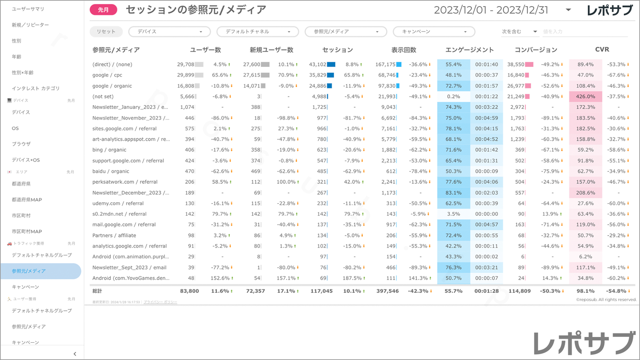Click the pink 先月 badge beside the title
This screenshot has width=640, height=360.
click(103, 10)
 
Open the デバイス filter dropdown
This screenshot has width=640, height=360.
click(169, 32)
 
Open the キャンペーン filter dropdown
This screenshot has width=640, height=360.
click(434, 32)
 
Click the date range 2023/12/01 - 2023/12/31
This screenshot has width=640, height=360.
click(491, 10)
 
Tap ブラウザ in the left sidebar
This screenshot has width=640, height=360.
click(21, 144)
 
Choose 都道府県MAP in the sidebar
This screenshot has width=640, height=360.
click(27, 200)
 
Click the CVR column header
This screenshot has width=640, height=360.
click(602, 50)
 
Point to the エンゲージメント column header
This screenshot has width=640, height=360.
click(469, 50)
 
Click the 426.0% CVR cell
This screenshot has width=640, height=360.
click(586, 97)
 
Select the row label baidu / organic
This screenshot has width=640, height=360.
click(111, 171)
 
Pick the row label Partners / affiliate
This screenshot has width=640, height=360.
click(114, 236)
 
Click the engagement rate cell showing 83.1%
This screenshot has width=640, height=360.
click(454, 193)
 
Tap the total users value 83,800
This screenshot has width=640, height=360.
click(190, 291)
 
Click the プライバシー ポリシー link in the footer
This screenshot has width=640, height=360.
click(160, 302)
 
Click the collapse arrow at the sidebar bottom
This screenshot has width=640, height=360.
click(75, 354)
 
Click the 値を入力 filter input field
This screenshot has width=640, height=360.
click(585, 32)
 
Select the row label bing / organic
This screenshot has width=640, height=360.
click(109, 150)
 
